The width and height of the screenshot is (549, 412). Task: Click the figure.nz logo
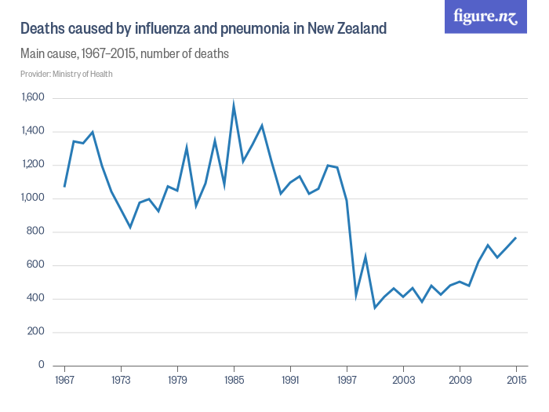click(x=485, y=16)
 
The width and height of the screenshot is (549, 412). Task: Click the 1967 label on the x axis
click(x=64, y=381)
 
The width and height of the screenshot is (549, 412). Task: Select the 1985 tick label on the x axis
click(x=234, y=381)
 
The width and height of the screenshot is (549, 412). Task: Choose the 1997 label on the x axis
click(x=347, y=381)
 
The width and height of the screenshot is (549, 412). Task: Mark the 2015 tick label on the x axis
click(x=516, y=381)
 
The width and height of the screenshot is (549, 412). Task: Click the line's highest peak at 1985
click(x=234, y=104)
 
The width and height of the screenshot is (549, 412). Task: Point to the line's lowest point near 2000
click(x=375, y=308)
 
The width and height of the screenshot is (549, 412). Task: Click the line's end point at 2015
click(x=516, y=237)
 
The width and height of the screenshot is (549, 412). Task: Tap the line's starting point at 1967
click(x=64, y=187)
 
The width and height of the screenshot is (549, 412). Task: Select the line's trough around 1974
click(x=130, y=228)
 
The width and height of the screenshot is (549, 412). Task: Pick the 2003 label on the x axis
click(x=403, y=381)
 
